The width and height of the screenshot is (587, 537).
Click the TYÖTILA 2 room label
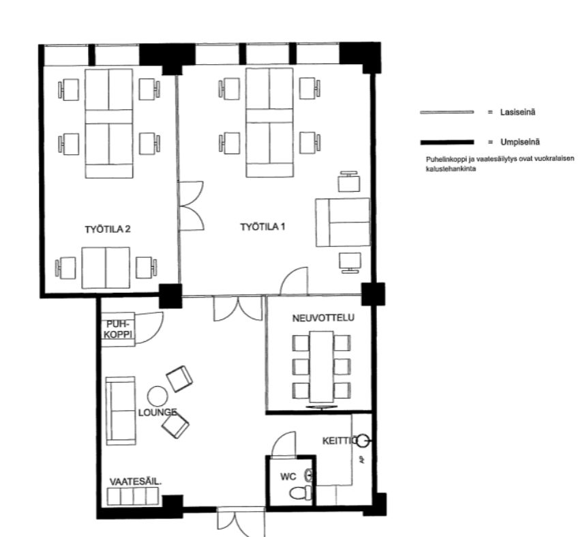(x=108, y=229)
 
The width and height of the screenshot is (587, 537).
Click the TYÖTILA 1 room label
(x=262, y=227)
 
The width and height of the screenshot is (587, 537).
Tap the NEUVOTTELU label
(x=323, y=318)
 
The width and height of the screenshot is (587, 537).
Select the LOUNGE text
(x=157, y=413)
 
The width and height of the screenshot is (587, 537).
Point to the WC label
(x=288, y=477)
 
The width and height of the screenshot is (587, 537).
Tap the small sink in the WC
(x=310, y=475)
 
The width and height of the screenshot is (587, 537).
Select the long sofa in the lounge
(x=121, y=411)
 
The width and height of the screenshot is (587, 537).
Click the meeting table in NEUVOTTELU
(x=321, y=366)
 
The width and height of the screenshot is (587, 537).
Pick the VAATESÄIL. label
(x=136, y=482)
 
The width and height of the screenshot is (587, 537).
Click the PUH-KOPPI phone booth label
(x=118, y=329)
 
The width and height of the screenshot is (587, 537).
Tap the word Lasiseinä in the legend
(x=517, y=112)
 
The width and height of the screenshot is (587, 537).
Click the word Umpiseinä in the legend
(x=520, y=142)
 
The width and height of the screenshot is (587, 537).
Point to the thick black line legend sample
(x=447, y=142)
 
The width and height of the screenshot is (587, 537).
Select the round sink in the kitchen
(x=363, y=441)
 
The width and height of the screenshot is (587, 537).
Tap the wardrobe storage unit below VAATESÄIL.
(x=133, y=496)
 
